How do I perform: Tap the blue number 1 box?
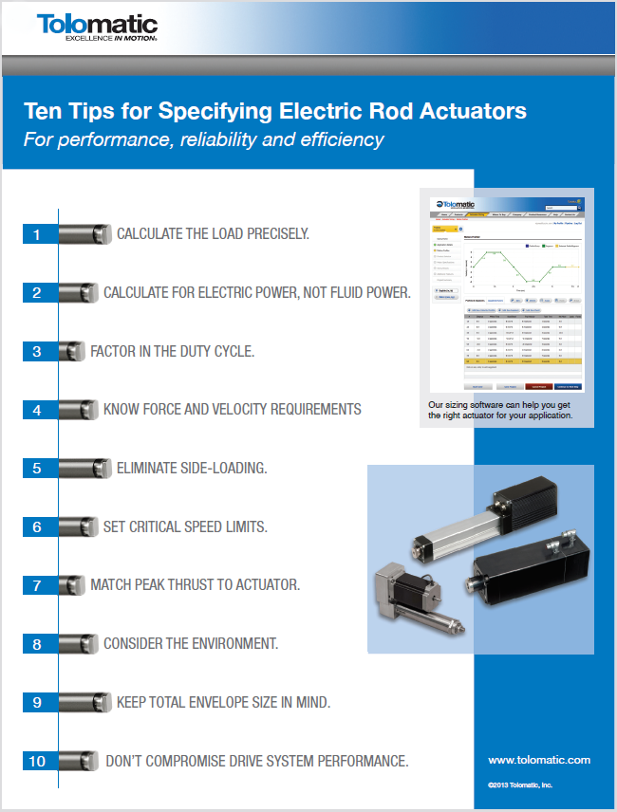pos(37,234)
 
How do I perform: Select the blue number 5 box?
pos(37,468)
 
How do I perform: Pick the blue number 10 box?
pos(37,761)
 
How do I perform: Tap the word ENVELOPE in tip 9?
pos(234,702)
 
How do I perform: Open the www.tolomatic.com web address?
pos(539,760)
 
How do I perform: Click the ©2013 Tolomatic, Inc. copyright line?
pos(520,785)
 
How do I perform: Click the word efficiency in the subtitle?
pos(342,139)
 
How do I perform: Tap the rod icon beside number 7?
pos(71,585)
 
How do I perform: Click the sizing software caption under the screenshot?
pos(500,409)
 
